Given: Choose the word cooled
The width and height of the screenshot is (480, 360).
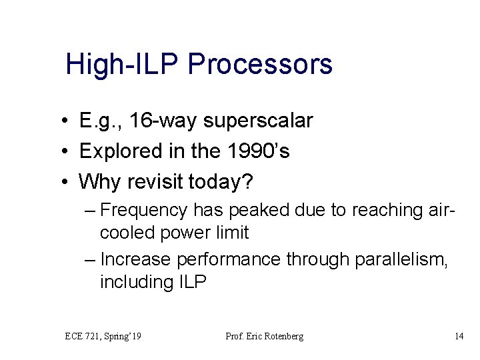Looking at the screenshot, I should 127,233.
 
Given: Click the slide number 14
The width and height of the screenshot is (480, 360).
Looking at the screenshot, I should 459,337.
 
